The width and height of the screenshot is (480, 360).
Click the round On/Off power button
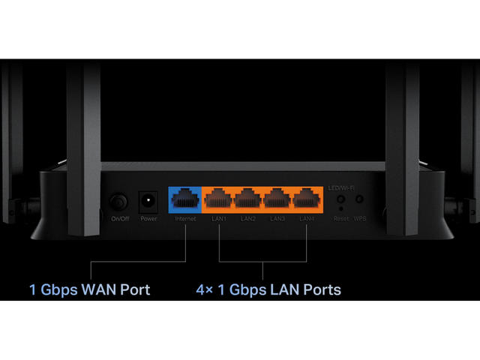(x=118, y=202)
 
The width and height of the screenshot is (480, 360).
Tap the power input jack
(x=148, y=202)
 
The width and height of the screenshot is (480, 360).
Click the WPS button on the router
(x=360, y=201)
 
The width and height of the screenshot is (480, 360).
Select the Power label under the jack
(x=148, y=219)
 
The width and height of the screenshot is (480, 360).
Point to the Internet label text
(x=184, y=219)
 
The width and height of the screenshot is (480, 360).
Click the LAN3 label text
(x=277, y=219)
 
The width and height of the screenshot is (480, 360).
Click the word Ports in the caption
(x=322, y=289)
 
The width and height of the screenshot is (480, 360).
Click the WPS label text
(x=360, y=219)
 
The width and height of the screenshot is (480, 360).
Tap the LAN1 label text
(x=219, y=219)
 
